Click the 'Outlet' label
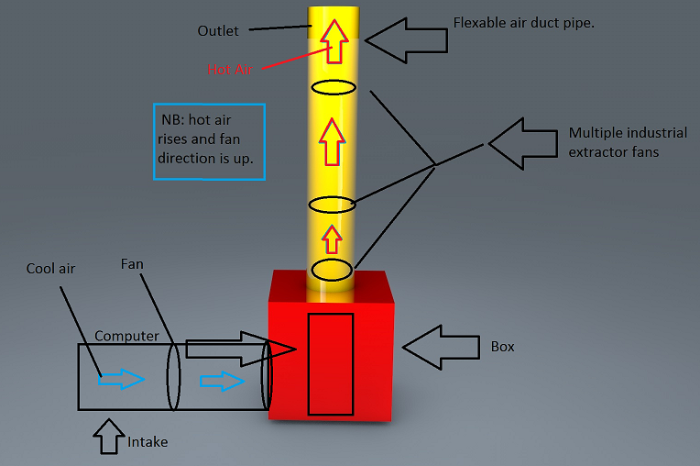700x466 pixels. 218,31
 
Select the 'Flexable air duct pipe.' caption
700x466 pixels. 524,23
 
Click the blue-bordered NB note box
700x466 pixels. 210,141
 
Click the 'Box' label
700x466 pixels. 503,347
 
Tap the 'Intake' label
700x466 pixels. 148,442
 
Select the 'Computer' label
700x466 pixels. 127,337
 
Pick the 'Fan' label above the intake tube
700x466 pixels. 132,264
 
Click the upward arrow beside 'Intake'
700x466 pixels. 109,438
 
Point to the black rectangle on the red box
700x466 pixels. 330,363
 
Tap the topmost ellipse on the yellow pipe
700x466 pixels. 333,88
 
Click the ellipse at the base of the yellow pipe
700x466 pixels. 332,270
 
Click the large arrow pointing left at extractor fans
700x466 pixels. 522,143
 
